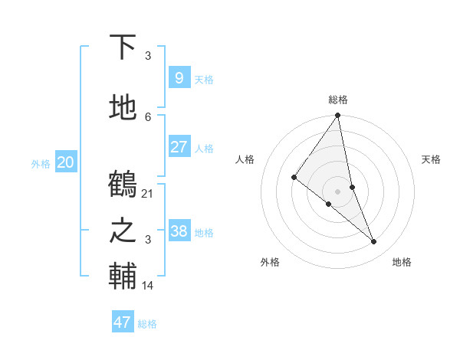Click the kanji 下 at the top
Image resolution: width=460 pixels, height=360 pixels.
coord(123,47)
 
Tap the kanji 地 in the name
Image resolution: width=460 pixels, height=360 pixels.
coord(123,108)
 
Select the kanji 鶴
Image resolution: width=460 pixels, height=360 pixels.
coord(123,185)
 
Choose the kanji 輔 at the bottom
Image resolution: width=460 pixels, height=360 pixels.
coord(123,277)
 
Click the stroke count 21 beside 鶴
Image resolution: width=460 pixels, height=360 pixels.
coord(148,193)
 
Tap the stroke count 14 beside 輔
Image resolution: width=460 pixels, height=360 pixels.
coord(148,285)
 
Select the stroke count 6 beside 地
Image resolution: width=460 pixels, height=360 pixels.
coord(148,116)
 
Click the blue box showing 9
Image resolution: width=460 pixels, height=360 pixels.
coord(179,77)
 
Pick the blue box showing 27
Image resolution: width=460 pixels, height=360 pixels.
coord(179,146)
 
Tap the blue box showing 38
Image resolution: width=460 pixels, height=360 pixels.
coord(179,231)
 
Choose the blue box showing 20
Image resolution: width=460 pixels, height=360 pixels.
coord(66,162)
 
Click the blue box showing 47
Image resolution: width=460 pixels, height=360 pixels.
coord(123,322)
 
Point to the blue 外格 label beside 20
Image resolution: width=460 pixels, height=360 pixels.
coord(41,163)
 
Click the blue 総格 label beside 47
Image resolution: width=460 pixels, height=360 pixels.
coord(147,324)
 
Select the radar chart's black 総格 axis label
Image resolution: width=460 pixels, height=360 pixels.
coord(338,100)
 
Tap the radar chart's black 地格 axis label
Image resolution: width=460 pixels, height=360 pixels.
coord(402,262)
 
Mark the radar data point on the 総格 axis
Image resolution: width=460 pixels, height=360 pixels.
coord(338,116)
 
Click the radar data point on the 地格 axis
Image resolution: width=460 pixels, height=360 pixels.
coord(374,241)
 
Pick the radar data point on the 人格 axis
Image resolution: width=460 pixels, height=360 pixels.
coord(294,177)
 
